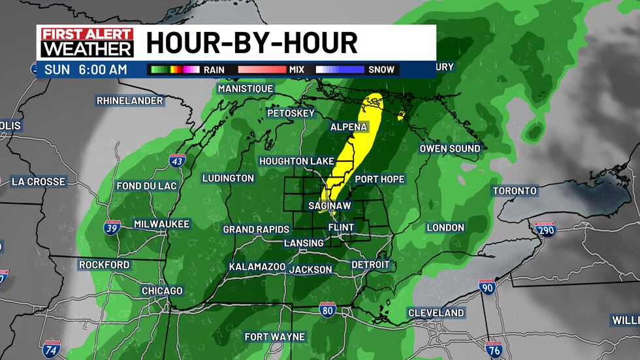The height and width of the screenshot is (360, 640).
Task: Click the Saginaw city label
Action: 330,206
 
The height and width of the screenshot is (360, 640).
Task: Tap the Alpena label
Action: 349,127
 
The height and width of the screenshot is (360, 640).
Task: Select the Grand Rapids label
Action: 256,229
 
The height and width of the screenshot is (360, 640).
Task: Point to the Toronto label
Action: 515,191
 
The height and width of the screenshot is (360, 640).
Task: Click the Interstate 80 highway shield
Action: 328,310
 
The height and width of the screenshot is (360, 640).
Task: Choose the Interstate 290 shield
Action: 544,229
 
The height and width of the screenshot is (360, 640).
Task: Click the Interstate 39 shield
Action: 112,228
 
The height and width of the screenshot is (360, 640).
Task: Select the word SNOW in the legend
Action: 382,69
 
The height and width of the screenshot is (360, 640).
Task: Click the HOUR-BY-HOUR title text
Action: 252,43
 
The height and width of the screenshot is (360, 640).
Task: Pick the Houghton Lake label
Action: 297,161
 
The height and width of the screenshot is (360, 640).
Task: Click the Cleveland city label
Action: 436,313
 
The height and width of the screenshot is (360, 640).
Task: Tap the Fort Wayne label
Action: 274,337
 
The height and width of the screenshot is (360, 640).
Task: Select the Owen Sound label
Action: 449,148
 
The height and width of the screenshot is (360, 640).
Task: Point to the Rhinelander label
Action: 129,101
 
